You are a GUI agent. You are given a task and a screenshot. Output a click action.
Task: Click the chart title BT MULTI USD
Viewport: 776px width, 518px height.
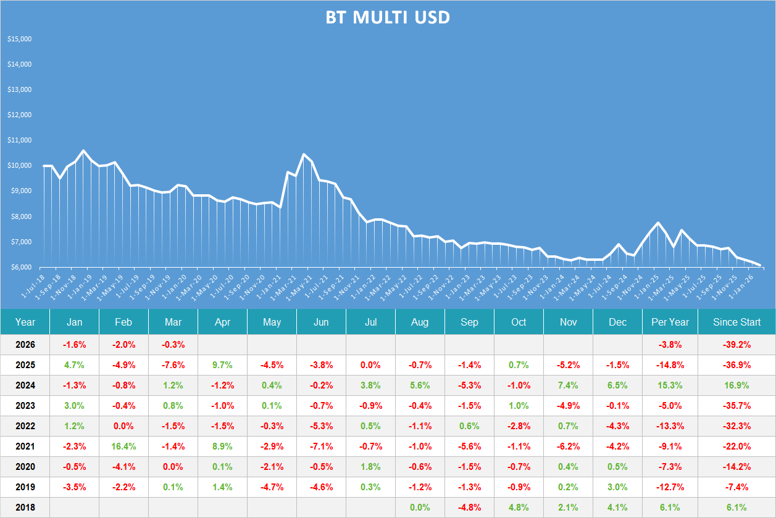[x=388, y=18]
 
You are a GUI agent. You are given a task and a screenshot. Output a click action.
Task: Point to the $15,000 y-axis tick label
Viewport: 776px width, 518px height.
[x=19, y=39]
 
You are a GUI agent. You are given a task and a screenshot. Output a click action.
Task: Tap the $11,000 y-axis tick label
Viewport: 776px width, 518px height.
[x=19, y=140]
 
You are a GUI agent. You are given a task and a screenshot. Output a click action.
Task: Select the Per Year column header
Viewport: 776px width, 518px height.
[x=670, y=322]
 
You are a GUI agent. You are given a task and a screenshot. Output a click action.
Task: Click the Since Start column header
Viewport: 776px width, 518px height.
[x=736, y=322]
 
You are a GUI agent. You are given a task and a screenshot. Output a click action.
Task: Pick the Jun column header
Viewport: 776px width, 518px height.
[x=321, y=322]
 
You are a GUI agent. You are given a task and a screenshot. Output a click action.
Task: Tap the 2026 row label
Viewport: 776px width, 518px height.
[x=25, y=345]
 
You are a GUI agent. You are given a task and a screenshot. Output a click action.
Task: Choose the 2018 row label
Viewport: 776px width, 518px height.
[x=25, y=508]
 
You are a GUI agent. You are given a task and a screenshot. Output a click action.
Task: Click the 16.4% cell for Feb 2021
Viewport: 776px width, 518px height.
[x=123, y=446]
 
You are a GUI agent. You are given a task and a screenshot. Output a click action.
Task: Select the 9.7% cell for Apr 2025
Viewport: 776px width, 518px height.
[x=222, y=365]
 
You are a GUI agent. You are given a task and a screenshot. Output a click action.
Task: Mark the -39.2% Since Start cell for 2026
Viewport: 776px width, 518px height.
[x=736, y=345]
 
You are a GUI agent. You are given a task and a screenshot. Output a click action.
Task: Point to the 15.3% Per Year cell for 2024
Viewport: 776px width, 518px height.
[x=670, y=385]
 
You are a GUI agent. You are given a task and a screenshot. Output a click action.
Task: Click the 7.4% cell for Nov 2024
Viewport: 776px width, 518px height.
[x=568, y=385]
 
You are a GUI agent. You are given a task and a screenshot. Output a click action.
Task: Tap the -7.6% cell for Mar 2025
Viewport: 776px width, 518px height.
[x=173, y=365]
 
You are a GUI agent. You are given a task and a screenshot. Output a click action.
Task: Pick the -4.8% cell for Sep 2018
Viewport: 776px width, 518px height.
[x=469, y=508]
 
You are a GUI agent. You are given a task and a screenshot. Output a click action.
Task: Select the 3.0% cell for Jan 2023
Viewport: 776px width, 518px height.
[x=74, y=406]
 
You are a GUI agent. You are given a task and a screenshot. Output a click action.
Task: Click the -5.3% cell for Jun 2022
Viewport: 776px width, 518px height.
[x=321, y=426]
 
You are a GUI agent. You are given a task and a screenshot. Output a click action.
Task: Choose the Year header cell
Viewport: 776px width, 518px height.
[x=25, y=322]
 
